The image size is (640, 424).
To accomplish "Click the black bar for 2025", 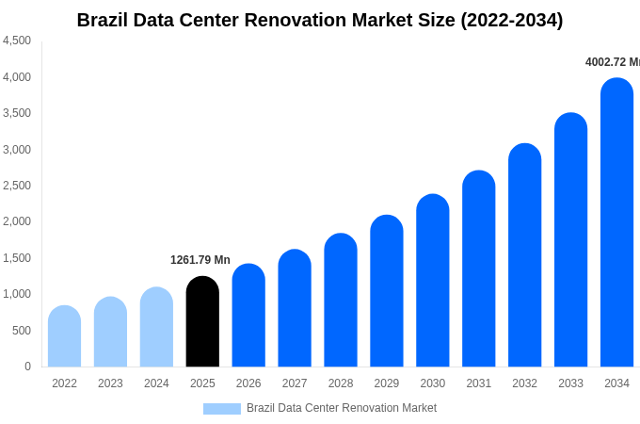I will click(x=202, y=322).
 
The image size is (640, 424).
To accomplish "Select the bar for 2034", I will click(x=616, y=223).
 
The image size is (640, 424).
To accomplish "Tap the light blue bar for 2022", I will click(x=64, y=336).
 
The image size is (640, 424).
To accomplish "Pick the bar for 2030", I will click(x=433, y=281).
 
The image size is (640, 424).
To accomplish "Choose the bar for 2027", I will click(x=295, y=308).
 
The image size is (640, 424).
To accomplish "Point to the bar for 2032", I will click(x=524, y=255).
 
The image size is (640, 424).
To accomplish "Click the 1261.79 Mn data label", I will click(x=200, y=260).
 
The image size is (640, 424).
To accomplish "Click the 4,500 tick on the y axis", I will click(x=17, y=41).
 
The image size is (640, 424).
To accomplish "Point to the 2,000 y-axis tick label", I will click(x=17, y=221).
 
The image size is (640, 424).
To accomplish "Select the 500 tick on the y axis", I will click(x=22, y=331).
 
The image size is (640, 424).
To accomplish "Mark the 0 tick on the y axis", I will click(x=27, y=367).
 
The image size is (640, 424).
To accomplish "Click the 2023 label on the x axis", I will click(x=110, y=383).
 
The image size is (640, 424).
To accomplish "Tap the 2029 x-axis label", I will click(x=387, y=383).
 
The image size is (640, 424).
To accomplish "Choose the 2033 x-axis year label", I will click(x=570, y=383).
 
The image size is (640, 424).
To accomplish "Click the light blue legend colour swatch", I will click(x=222, y=409).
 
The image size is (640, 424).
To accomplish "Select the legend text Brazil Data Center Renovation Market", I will click(x=342, y=408).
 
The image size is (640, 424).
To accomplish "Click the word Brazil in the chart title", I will click(x=104, y=20).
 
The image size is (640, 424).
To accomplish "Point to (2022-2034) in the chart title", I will click(x=511, y=20).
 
